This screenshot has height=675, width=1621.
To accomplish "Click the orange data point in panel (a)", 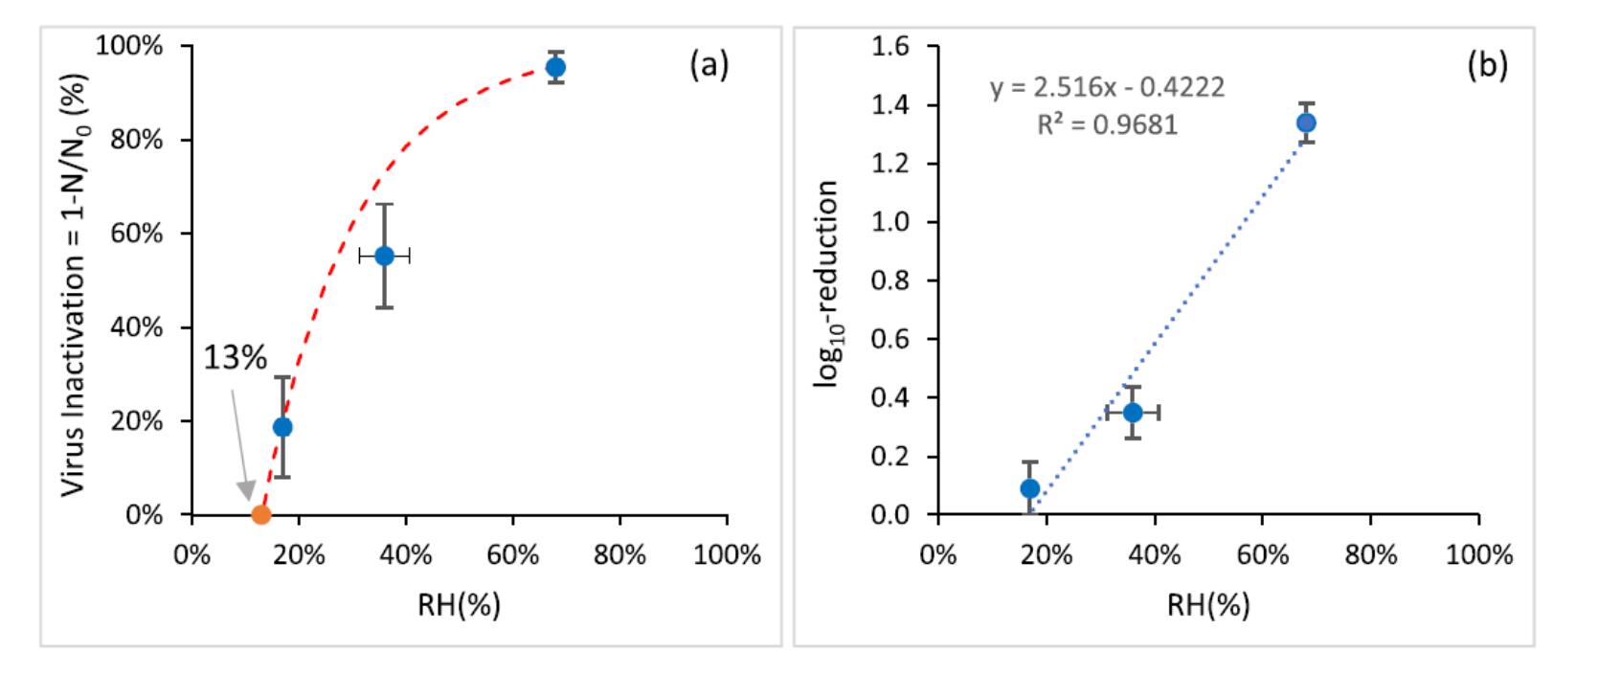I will (x=260, y=515).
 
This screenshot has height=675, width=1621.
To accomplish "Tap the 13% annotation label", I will (x=235, y=358).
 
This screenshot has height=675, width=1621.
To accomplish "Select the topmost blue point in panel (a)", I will (x=555, y=67).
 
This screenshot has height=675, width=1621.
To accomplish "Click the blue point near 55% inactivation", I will (x=384, y=256).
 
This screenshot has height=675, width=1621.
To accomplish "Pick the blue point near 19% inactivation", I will (x=282, y=427).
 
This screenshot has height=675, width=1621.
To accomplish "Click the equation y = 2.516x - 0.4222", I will (x=1107, y=88).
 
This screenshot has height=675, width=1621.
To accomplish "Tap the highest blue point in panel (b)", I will (x=1305, y=123).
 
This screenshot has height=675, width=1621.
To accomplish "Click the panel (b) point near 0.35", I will (x=1133, y=413).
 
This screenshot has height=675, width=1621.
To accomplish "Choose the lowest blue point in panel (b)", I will (x=1030, y=488).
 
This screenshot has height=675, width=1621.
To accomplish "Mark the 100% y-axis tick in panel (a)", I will (x=133, y=46).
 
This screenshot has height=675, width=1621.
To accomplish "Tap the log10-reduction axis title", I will (x=826, y=283).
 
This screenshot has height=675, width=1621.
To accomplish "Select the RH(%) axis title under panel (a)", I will (x=459, y=605).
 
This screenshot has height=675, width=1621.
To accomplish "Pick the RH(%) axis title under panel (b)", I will (x=1208, y=605).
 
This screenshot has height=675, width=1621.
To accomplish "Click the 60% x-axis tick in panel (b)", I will (x=1262, y=554).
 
